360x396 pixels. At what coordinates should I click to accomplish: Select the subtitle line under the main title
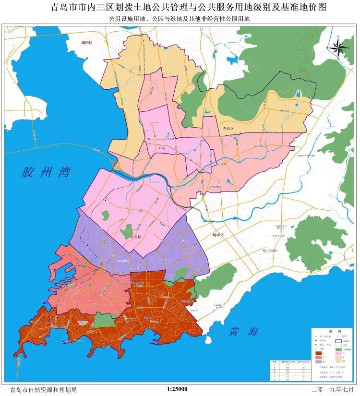pyautogui.click(x=180, y=19)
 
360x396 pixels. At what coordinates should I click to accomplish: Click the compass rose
pyautogui.click(x=338, y=47)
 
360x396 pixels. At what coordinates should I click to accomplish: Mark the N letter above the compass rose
pyautogui.click(x=338, y=36)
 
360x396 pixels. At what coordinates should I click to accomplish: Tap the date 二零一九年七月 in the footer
pyautogui.click(x=331, y=389)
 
